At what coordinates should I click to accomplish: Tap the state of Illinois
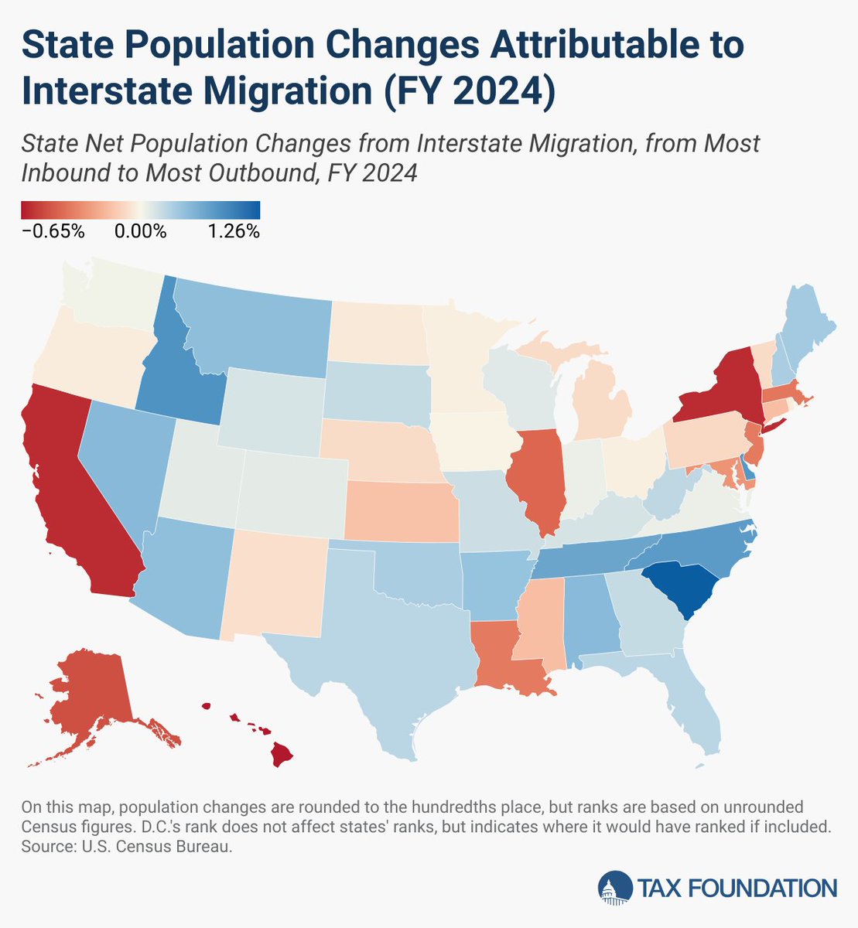[x=535, y=479]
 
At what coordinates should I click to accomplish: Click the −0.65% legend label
[x=53, y=231]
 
